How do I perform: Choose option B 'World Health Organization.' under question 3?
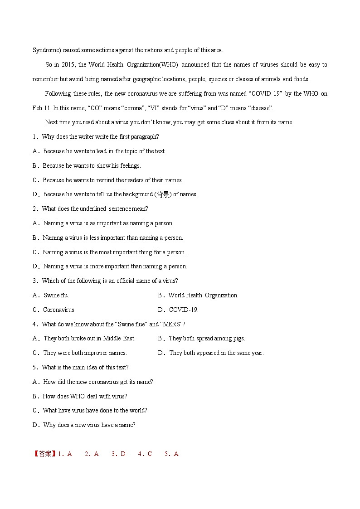pos(203,296)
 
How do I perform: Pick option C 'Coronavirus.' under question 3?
pos(59,310)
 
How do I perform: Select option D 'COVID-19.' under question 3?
pos(183,310)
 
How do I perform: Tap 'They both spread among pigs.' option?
pos(207,339)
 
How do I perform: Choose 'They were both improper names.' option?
pos(85,353)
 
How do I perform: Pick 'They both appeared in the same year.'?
pos(216,353)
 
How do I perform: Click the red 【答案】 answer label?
pos(45,454)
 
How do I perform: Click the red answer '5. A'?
pos(172,454)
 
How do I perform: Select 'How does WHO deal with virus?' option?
pos(85,396)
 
